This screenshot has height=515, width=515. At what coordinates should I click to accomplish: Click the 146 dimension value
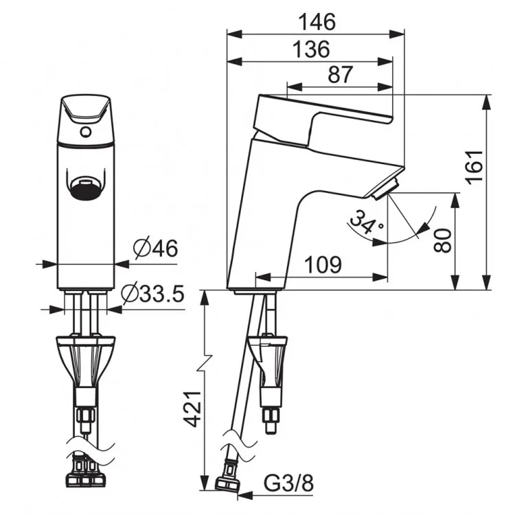pyautogui.click(x=317, y=22)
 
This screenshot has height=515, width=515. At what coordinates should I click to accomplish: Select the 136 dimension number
pyautogui.click(x=311, y=49)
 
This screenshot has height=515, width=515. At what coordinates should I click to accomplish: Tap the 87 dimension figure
pyautogui.click(x=341, y=75)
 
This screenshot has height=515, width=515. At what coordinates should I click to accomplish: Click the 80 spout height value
pyautogui.click(x=443, y=240)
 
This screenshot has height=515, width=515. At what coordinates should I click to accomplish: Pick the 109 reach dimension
pyautogui.click(x=323, y=264)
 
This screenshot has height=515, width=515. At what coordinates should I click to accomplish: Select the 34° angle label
pyautogui.click(x=367, y=221)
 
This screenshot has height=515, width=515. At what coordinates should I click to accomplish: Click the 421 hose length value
pyautogui.click(x=192, y=409)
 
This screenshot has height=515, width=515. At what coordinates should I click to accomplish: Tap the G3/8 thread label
pyautogui.click(x=288, y=483)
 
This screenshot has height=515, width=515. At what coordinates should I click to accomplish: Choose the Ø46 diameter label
pyautogui.click(x=156, y=248)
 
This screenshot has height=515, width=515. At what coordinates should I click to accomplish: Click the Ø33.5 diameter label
pyautogui.click(x=152, y=294)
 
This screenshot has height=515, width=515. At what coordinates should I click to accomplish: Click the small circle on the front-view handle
pyautogui.click(x=86, y=132)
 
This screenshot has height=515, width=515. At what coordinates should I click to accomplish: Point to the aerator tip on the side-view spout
pyautogui.click(x=385, y=188)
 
